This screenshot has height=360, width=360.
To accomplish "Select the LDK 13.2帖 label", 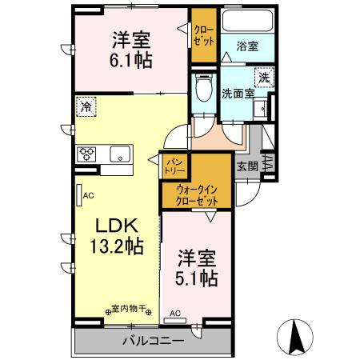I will click(116, 235).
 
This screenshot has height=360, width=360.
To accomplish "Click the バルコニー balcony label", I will click(153, 341).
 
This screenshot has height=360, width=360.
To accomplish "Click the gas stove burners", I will click(86, 154).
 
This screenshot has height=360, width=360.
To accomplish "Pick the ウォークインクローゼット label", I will click(197, 196).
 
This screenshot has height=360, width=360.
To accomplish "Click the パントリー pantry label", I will click(174, 166).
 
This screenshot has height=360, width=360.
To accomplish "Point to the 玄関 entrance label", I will click(247, 166).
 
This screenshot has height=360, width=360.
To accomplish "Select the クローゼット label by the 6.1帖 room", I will click(202, 37).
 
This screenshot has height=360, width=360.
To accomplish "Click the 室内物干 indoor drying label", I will click(131, 309).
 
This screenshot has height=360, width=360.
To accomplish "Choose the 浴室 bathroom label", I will click(248, 48).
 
